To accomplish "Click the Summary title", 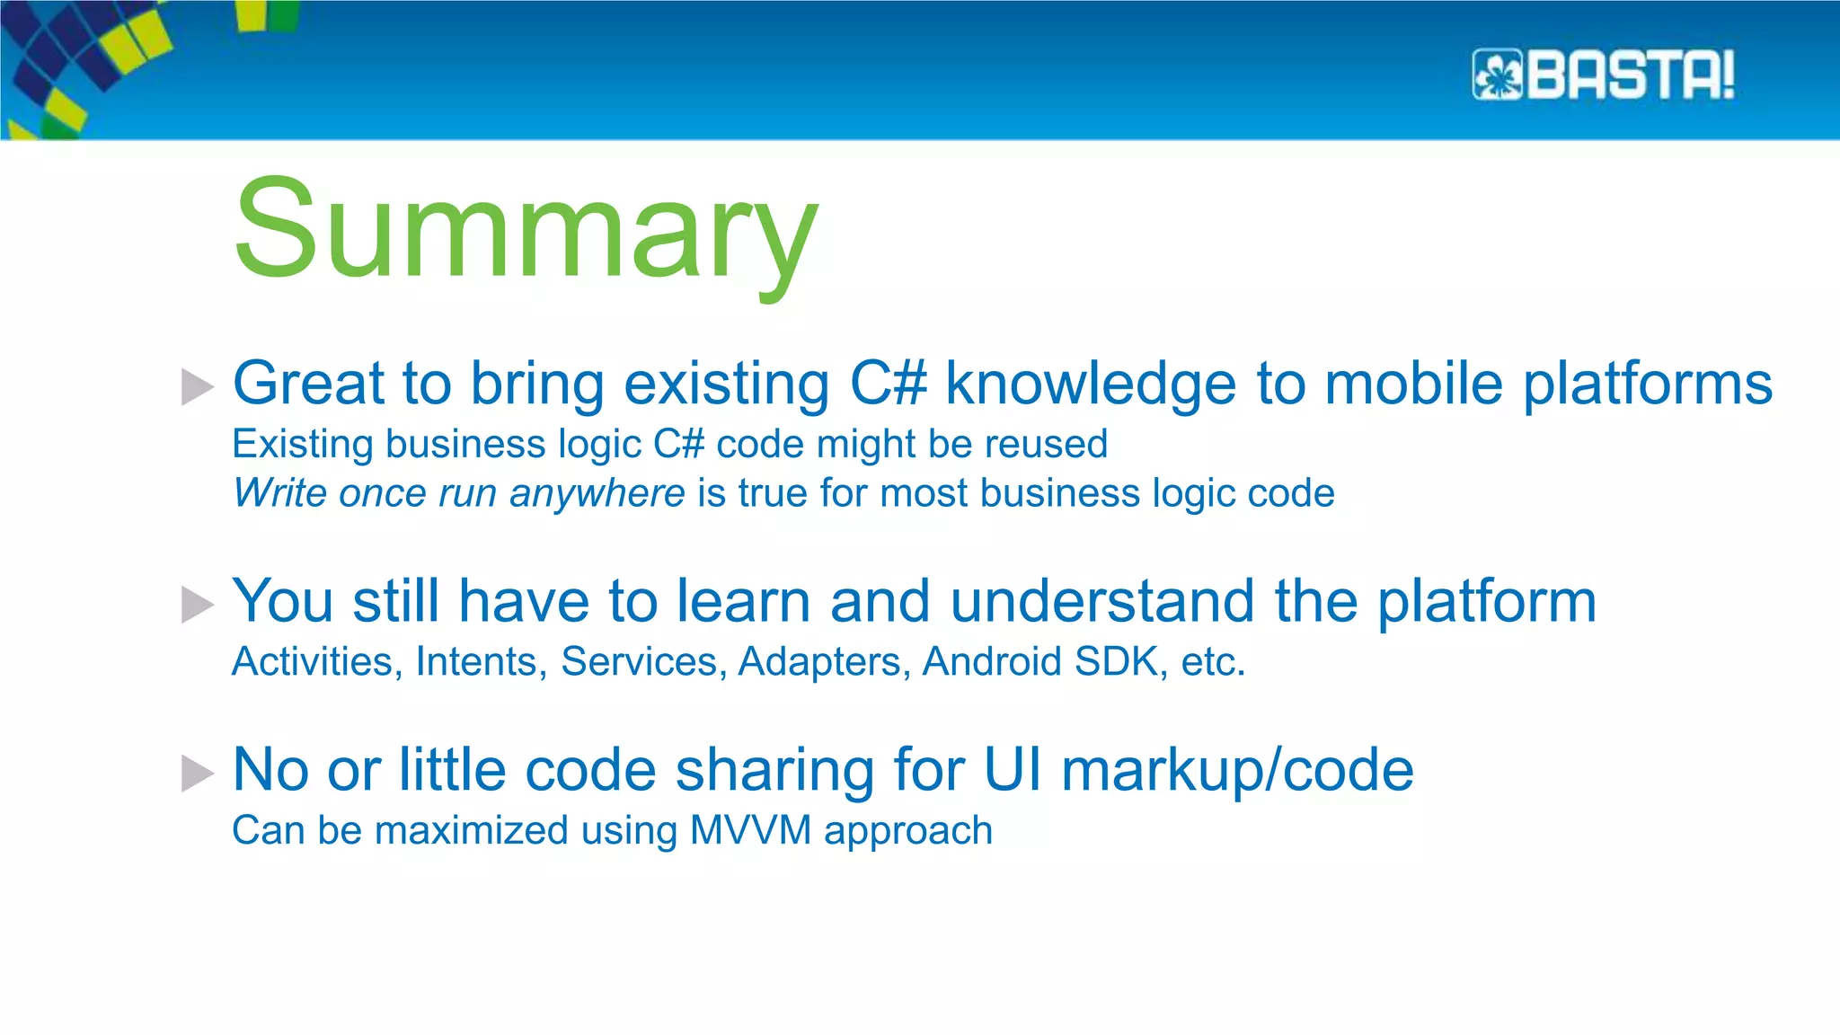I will pos(526,229).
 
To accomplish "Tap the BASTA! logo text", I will pos(1630,75).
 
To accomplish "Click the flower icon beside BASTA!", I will pos(1497,75).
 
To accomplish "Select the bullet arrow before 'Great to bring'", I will pos(197,386).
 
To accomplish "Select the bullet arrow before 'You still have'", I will pos(197,604).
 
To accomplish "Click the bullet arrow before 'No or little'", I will pos(197,773).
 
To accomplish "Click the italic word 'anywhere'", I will pos(597,493).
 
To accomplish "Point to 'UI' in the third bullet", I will pos(1013,770).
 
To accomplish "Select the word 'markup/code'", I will pos(1237,771).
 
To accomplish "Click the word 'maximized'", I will pos(471,830).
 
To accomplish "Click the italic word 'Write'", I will pos(279,493).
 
